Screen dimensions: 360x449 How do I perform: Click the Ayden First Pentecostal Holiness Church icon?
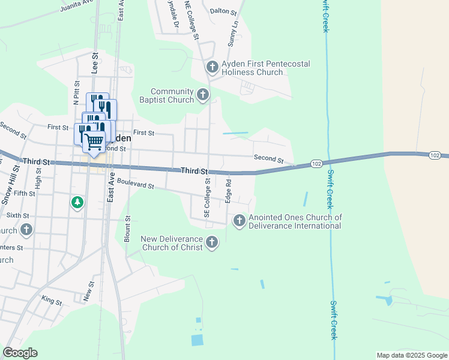[x=212, y=66]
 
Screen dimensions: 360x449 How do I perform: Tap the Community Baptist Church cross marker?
[x=203, y=94]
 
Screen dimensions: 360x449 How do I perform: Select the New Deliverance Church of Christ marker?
[x=211, y=242]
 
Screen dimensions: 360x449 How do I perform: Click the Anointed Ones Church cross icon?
[x=240, y=221]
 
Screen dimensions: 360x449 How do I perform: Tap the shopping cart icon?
[x=94, y=142]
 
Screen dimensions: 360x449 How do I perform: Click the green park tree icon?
[x=77, y=203]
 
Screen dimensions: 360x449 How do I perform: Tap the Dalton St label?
[x=223, y=11]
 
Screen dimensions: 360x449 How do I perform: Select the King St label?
[x=52, y=299]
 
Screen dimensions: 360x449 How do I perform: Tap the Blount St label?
[x=127, y=229]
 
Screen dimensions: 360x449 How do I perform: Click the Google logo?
[x=20, y=353]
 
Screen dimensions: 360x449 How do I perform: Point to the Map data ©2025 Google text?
[x=412, y=355]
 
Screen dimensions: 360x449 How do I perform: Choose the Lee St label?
[x=95, y=62]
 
